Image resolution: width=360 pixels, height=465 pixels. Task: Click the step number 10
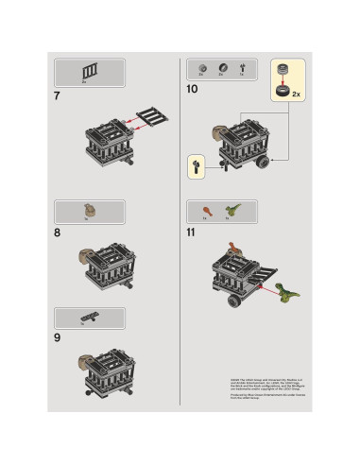point(192,89)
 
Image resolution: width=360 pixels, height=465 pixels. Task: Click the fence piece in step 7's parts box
point(91,69)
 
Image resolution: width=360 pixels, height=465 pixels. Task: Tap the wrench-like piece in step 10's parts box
point(242,67)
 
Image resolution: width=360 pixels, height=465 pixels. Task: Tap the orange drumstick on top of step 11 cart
point(235,250)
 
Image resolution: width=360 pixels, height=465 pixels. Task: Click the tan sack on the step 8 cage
point(84,252)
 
